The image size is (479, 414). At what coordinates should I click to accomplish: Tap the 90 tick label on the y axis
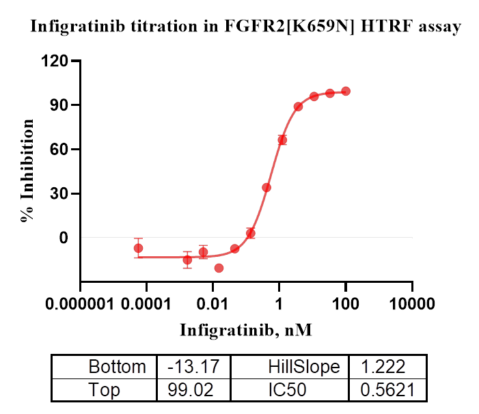61,105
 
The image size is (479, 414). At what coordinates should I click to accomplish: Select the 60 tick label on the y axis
61,150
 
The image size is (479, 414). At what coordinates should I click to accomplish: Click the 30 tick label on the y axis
61,194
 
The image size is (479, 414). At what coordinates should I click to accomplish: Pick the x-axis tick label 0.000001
81,303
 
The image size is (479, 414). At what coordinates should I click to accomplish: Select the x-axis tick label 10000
412,303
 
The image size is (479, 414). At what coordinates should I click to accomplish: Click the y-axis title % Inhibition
28,171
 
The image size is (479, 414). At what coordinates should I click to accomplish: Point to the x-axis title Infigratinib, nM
246,330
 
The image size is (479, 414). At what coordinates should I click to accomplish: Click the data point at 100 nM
346,91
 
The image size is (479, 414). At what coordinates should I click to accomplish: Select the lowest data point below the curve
219,268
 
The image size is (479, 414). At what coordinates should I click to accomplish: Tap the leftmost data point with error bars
139,248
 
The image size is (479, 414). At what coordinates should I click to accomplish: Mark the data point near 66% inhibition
282,140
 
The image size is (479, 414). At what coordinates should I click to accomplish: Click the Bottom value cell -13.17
193,367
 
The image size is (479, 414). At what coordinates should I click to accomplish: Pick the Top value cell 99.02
193,390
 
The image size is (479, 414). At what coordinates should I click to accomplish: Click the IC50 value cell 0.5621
387,390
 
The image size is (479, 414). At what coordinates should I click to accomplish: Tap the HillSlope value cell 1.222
387,367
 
